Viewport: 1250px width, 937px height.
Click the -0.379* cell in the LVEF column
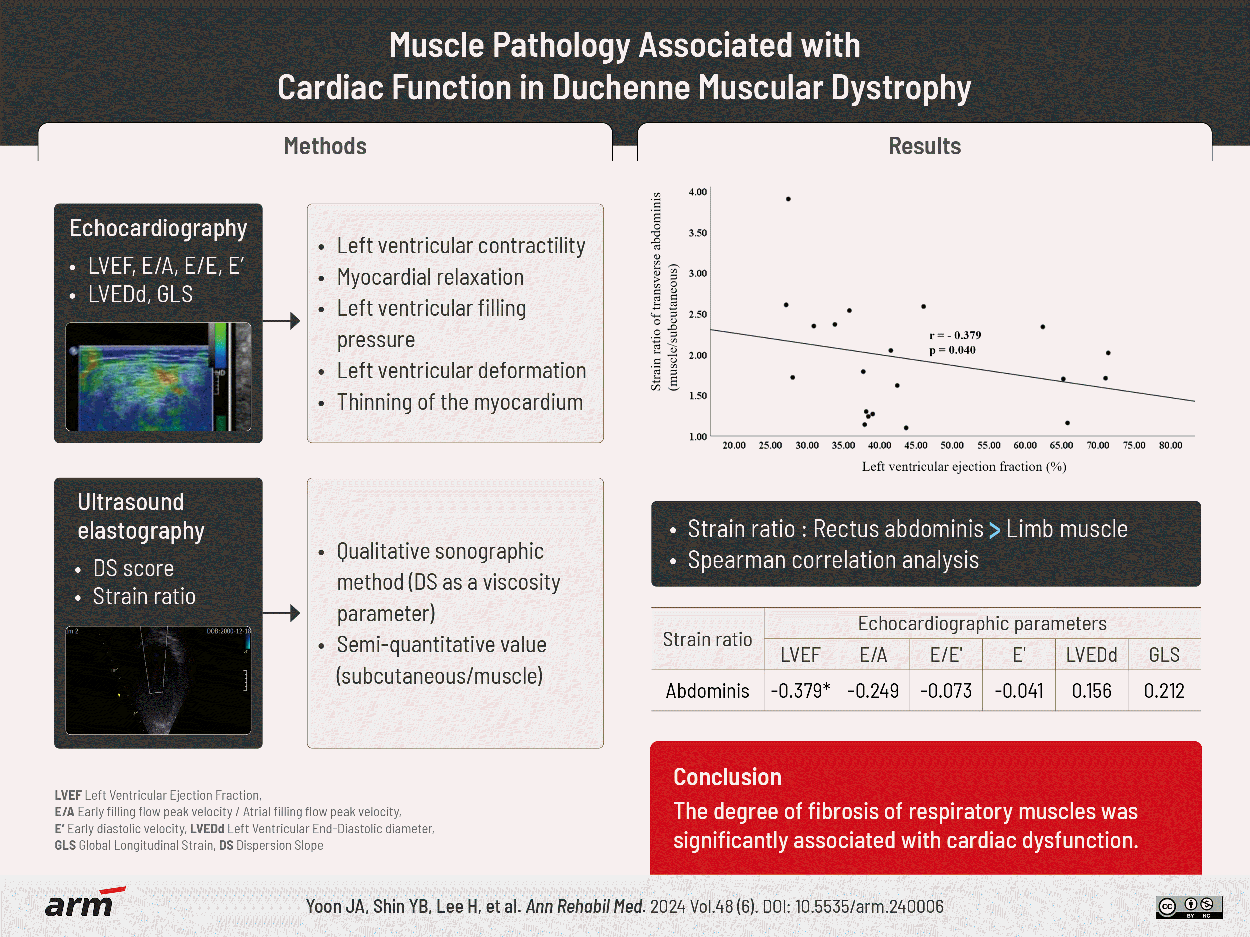pos(800,690)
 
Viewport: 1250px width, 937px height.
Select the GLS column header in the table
pos(1164,655)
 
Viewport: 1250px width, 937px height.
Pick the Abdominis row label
pos(707,690)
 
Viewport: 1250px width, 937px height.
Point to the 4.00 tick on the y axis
pos(698,192)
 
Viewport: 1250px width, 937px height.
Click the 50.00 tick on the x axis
pos(952,445)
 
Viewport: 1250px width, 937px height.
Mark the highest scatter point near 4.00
pos(788,199)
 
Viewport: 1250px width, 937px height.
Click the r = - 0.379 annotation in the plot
pos(955,335)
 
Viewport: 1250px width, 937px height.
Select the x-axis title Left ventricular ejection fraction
pos(964,467)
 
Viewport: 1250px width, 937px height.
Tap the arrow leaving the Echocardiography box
pos(282,321)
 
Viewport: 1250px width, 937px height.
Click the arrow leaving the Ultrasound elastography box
pos(282,613)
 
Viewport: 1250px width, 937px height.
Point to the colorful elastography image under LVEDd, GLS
pos(158,377)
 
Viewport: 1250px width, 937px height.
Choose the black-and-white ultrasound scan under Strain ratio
pos(158,680)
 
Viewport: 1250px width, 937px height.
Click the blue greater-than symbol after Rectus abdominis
pos(994,530)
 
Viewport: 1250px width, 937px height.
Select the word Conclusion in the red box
pos(727,777)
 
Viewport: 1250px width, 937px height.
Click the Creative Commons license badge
pos(1189,907)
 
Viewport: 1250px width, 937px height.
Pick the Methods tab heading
pos(325,146)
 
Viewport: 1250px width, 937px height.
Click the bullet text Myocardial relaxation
pos(430,277)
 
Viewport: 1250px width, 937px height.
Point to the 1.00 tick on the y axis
pos(698,436)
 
